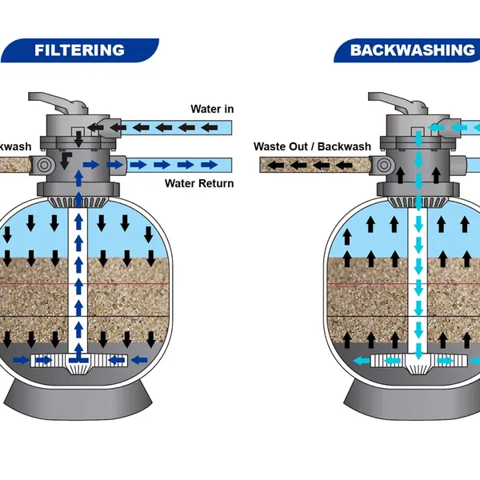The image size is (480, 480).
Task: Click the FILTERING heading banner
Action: click(x=79, y=50)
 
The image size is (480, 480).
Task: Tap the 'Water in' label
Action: click(x=211, y=109)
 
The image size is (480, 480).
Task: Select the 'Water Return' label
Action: click(x=199, y=184)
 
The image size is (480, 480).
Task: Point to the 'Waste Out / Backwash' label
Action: click(x=312, y=146)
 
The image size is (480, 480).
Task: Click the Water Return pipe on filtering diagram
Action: click(x=176, y=165)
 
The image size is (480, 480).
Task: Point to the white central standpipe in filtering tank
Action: click(x=78, y=280)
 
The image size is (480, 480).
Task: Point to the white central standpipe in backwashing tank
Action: click(x=417, y=280)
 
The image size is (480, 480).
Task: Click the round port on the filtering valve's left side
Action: click(x=44, y=164)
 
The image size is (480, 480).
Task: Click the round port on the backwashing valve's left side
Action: click(x=383, y=165)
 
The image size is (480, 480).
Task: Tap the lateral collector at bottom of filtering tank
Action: click(x=78, y=361)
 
